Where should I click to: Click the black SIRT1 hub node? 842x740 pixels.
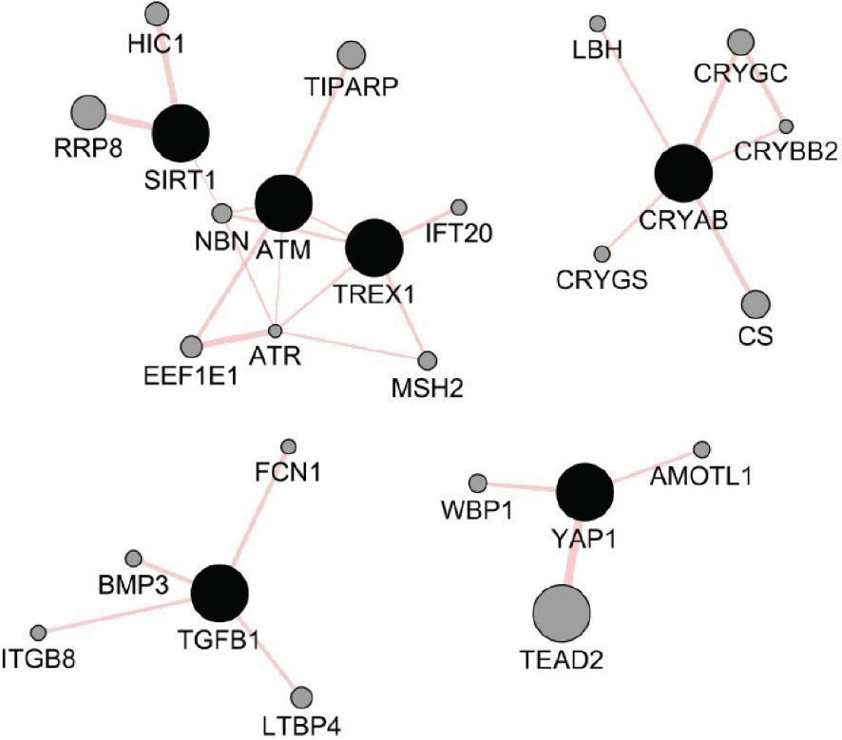point(180,133)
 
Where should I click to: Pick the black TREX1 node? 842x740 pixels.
point(373,247)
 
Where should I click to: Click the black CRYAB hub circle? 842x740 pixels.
point(683,175)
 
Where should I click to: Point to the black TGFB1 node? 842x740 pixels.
point(220,592)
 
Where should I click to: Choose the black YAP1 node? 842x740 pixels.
point(584,491)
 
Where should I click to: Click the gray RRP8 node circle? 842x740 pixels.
point(88,111)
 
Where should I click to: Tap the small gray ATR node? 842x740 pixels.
point(276,331)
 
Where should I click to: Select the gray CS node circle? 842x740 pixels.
point(756,305)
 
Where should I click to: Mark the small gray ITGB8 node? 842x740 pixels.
point(38,632)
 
